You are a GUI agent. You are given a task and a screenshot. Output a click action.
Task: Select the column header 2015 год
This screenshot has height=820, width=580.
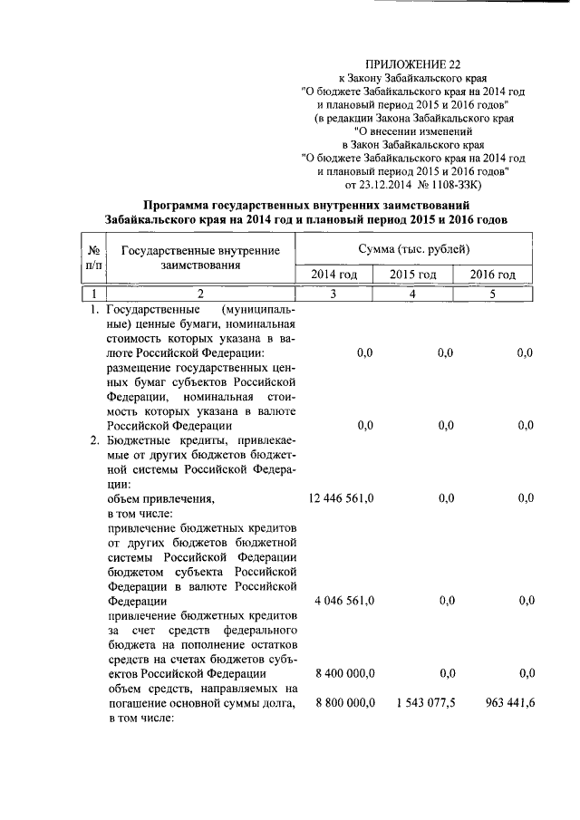tap(413, 275)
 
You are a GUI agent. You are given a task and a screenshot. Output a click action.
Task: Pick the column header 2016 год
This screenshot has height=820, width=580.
tap(493, 275)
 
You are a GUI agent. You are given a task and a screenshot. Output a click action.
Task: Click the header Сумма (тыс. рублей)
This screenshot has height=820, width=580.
tap(413, 247)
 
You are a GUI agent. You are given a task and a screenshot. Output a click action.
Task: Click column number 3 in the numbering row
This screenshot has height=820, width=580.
tap(334, 293)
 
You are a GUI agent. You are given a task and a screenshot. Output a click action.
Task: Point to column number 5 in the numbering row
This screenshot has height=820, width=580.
tap(493, 293)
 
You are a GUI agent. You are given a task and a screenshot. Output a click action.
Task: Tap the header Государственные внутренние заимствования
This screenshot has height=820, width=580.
tap(200, 258)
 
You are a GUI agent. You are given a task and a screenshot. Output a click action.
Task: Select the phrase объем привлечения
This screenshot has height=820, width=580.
tap(160, 498)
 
